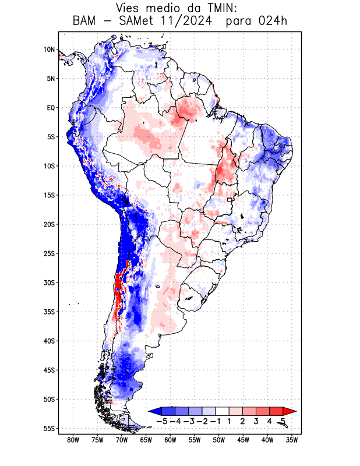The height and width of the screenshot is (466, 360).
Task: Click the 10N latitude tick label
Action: pos(49,50)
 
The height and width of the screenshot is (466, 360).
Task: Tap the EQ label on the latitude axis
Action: pos(51,108)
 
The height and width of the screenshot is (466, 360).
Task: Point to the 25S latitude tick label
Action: pos(49,253)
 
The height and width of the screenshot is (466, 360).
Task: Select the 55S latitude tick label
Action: pos(49,428)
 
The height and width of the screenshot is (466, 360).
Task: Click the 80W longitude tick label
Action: pos(73,440)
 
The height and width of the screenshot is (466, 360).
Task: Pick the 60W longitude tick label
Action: pos(170,440)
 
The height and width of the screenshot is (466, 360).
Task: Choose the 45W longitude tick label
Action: pos(243,440)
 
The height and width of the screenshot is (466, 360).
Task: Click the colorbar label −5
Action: pos(161,421)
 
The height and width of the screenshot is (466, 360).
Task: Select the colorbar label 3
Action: pos(256,421)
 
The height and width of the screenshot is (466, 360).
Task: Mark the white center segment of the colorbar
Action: pos(223,411)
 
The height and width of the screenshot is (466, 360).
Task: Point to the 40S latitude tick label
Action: pos(49,341)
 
